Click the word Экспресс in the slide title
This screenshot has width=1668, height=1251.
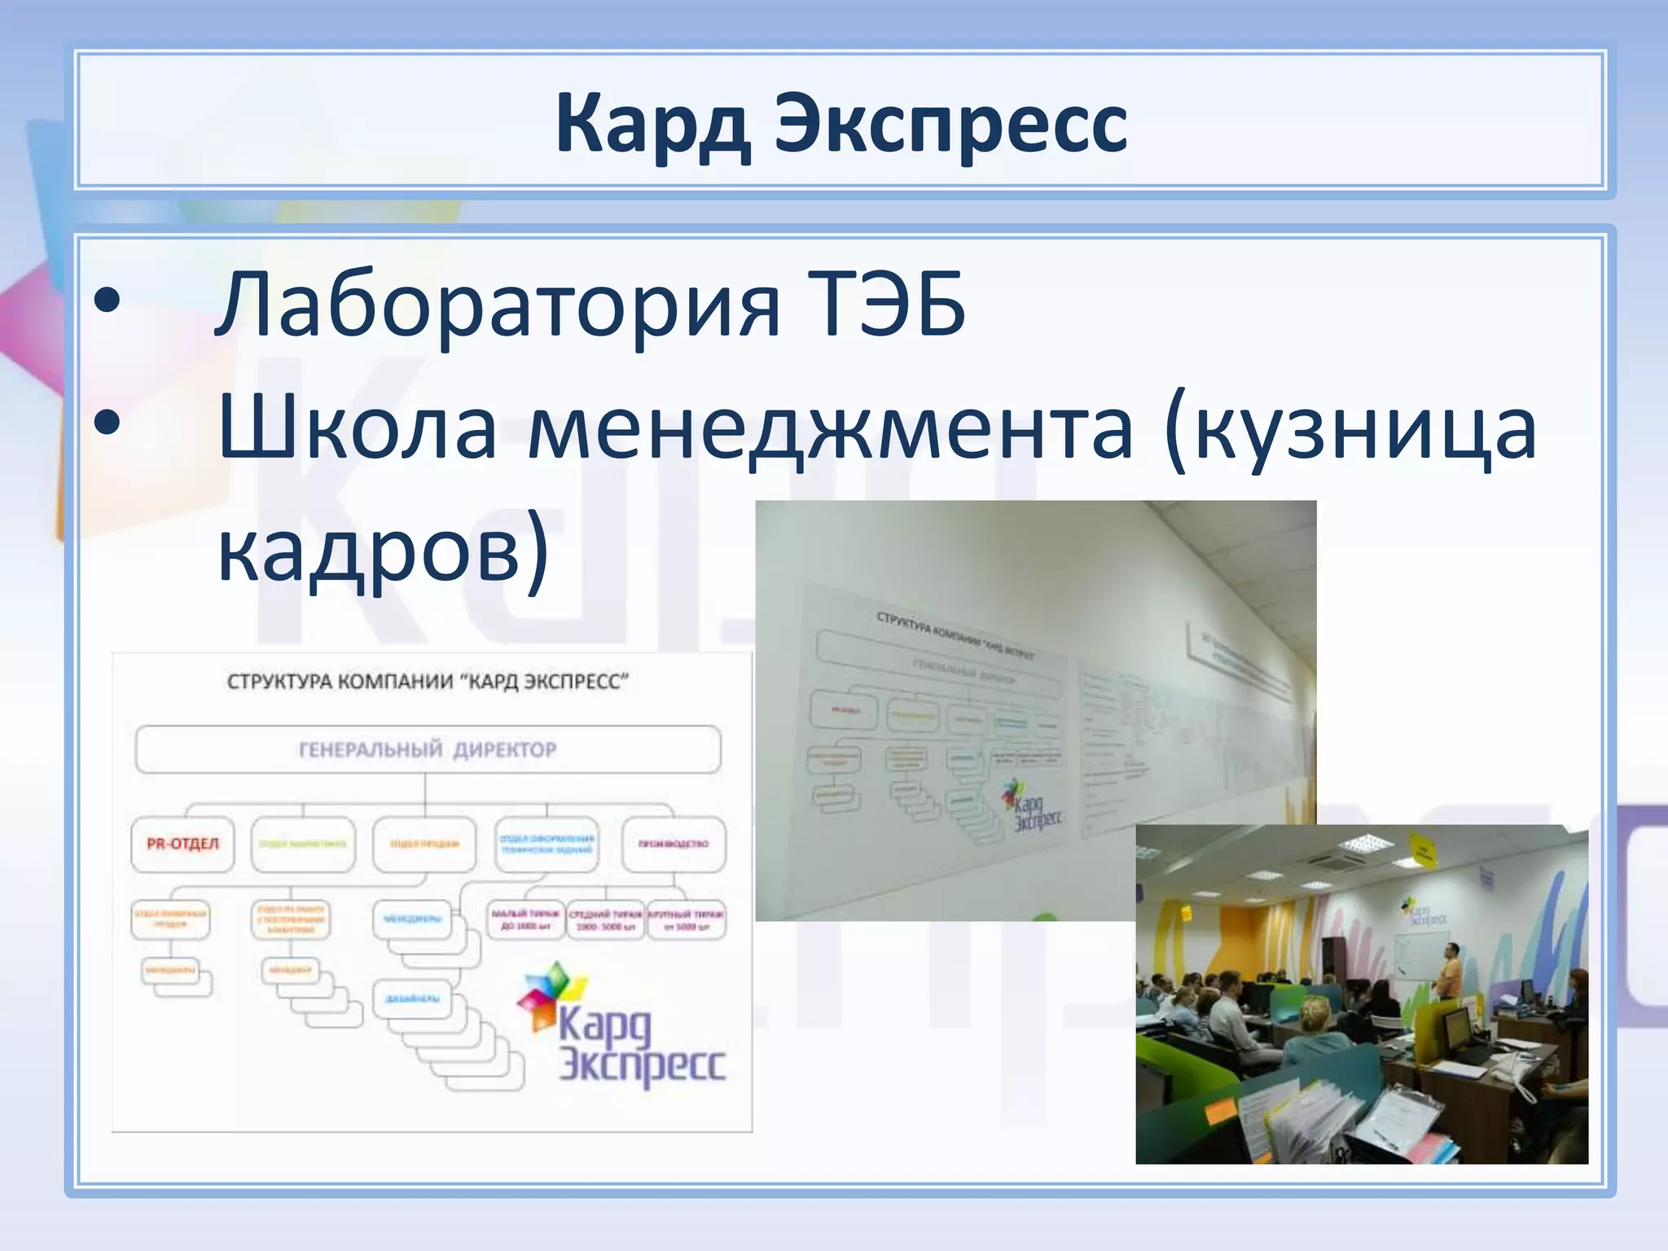(950, 125)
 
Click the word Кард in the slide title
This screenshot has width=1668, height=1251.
(652, 125)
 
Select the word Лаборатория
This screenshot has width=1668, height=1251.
(497, 305)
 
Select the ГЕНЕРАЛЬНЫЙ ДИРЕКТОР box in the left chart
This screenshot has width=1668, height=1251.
(428, 749)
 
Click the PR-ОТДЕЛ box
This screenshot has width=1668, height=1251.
(182, 844)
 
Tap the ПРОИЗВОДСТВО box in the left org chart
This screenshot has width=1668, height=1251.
(674, 844)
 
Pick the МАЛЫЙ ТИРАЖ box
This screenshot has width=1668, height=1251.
(525, 920)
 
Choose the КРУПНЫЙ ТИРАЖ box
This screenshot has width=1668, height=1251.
(687, 920)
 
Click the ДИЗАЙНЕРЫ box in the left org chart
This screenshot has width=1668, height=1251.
(413, 999)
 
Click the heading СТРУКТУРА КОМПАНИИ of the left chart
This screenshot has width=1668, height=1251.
(428, 682)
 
